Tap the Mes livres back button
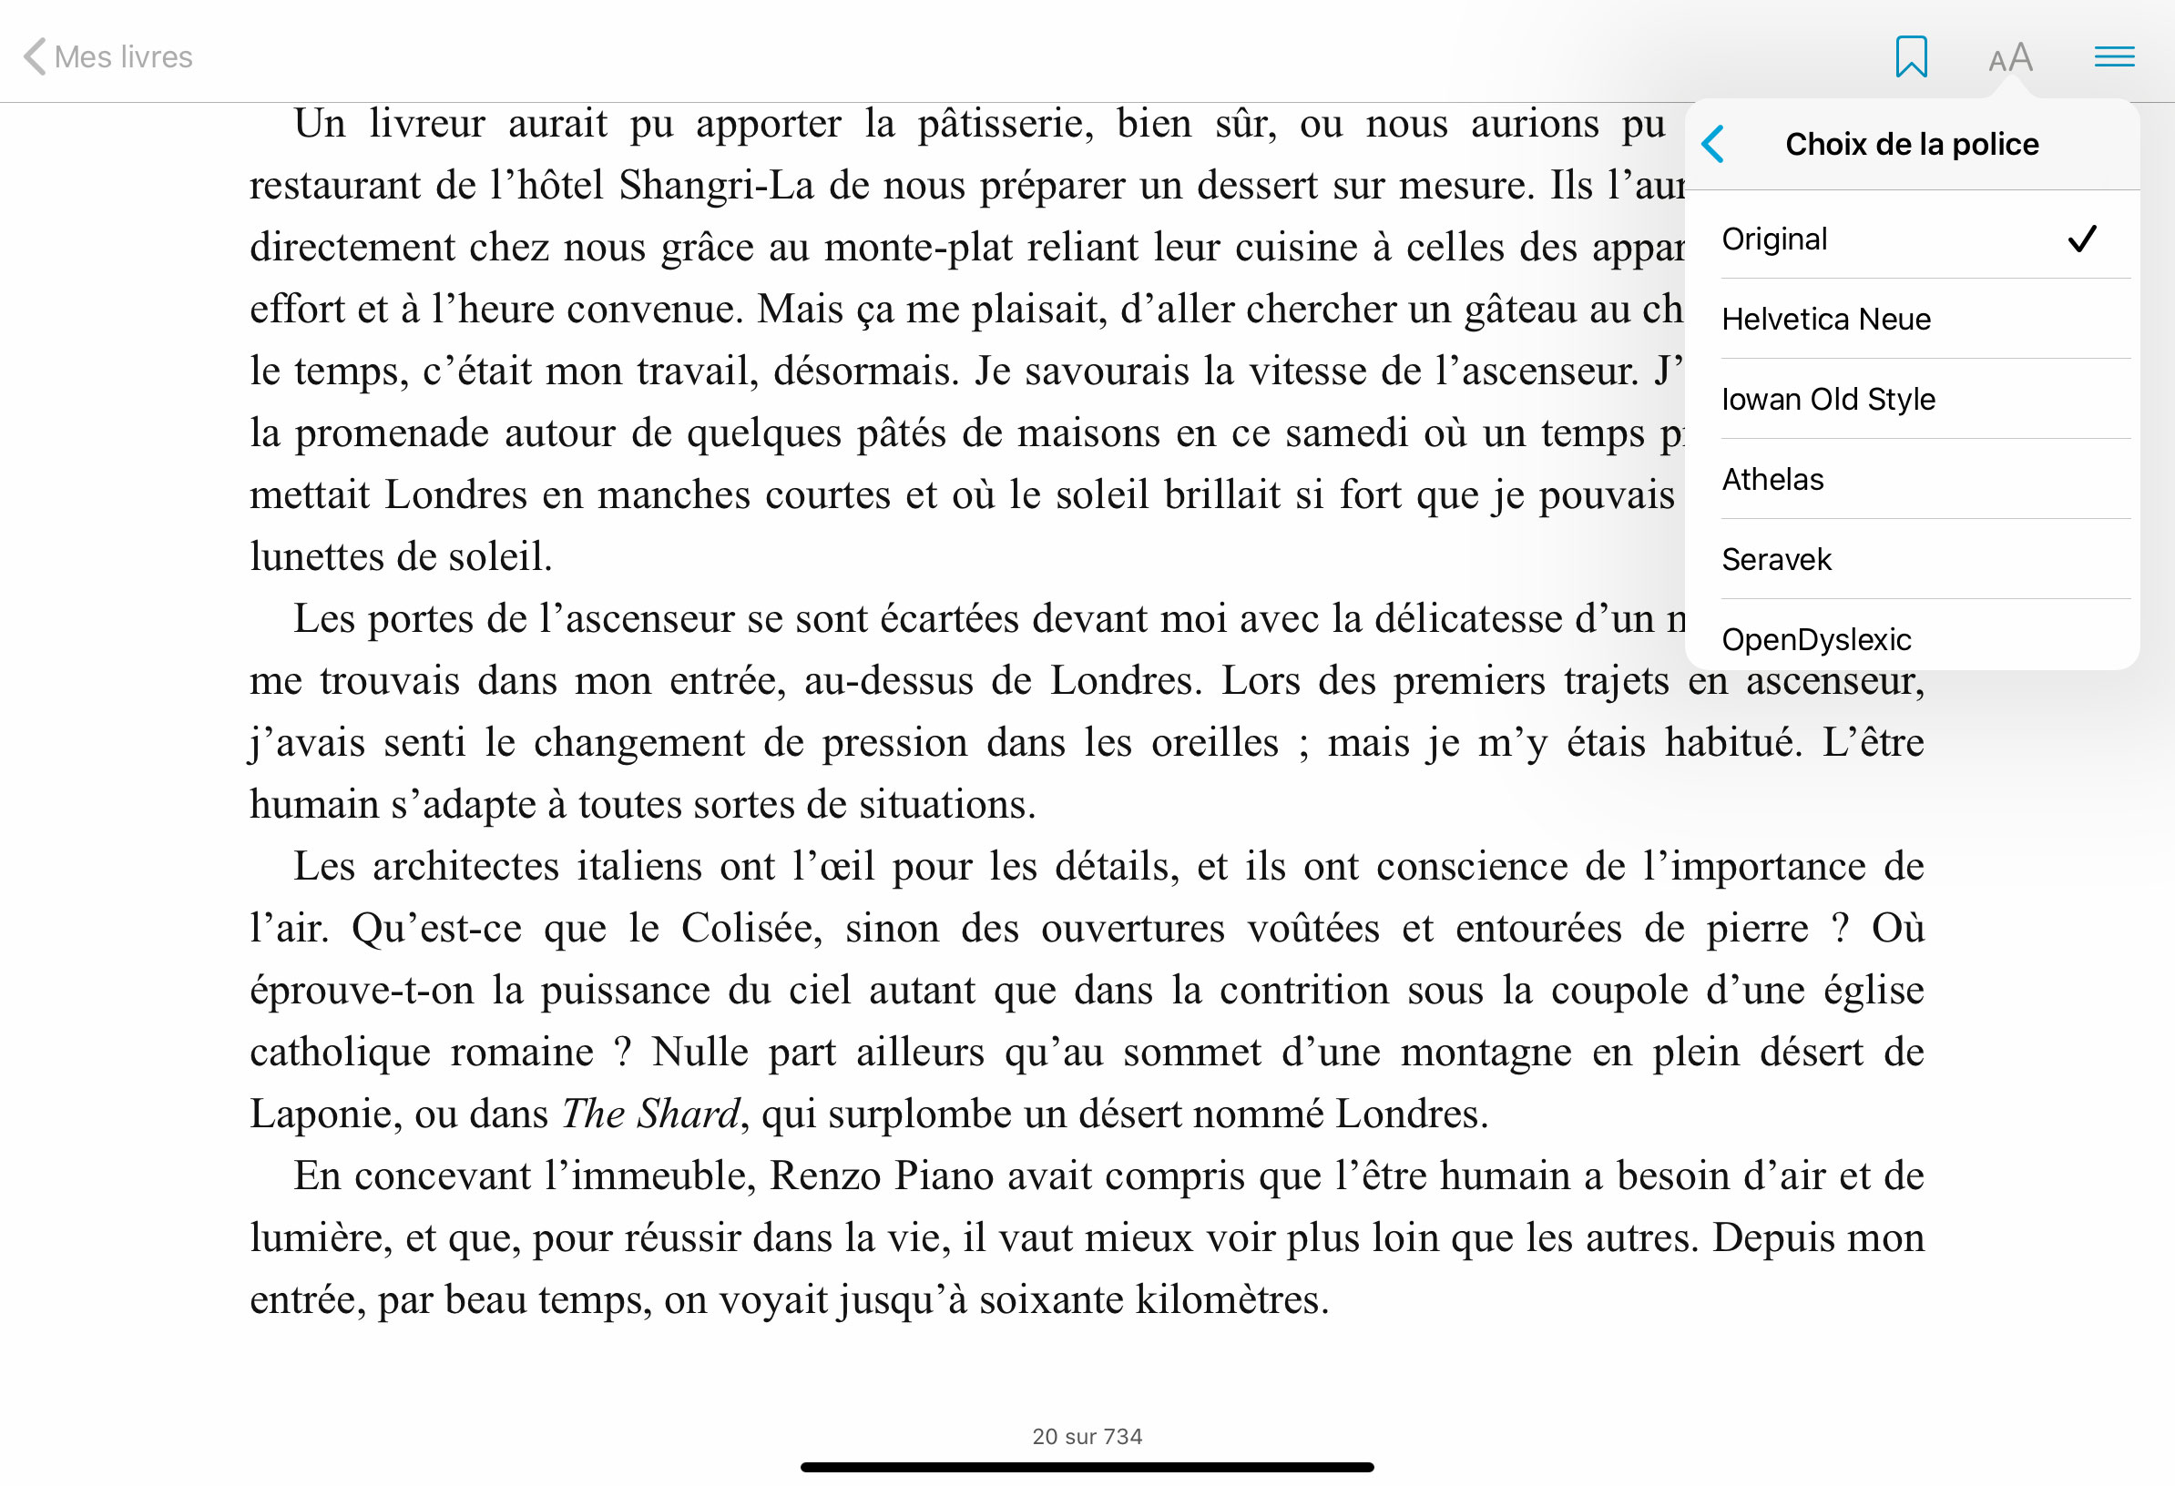[x=107, y=57]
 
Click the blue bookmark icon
[x=1911, y=57]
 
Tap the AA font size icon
[x=2010, y=58]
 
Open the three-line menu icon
[x=2114, y=57]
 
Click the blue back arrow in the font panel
[x=1713, y=144]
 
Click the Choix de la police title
[x=1911, y=144]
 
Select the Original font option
[x=1774, y=239]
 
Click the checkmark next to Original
[x=2082, y=239]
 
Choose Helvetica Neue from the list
[x=1826, y=319]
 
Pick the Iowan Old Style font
[x=1828, y=400]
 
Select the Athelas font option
[x=1772, y=480]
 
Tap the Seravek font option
[x=1776, y=560]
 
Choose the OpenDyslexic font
[x=1815, y=639]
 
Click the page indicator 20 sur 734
[x=1087, y=1437]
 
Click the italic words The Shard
[x=651, y=1114]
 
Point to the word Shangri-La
[x=716, y=185]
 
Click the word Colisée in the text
[x=750, y=928]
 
